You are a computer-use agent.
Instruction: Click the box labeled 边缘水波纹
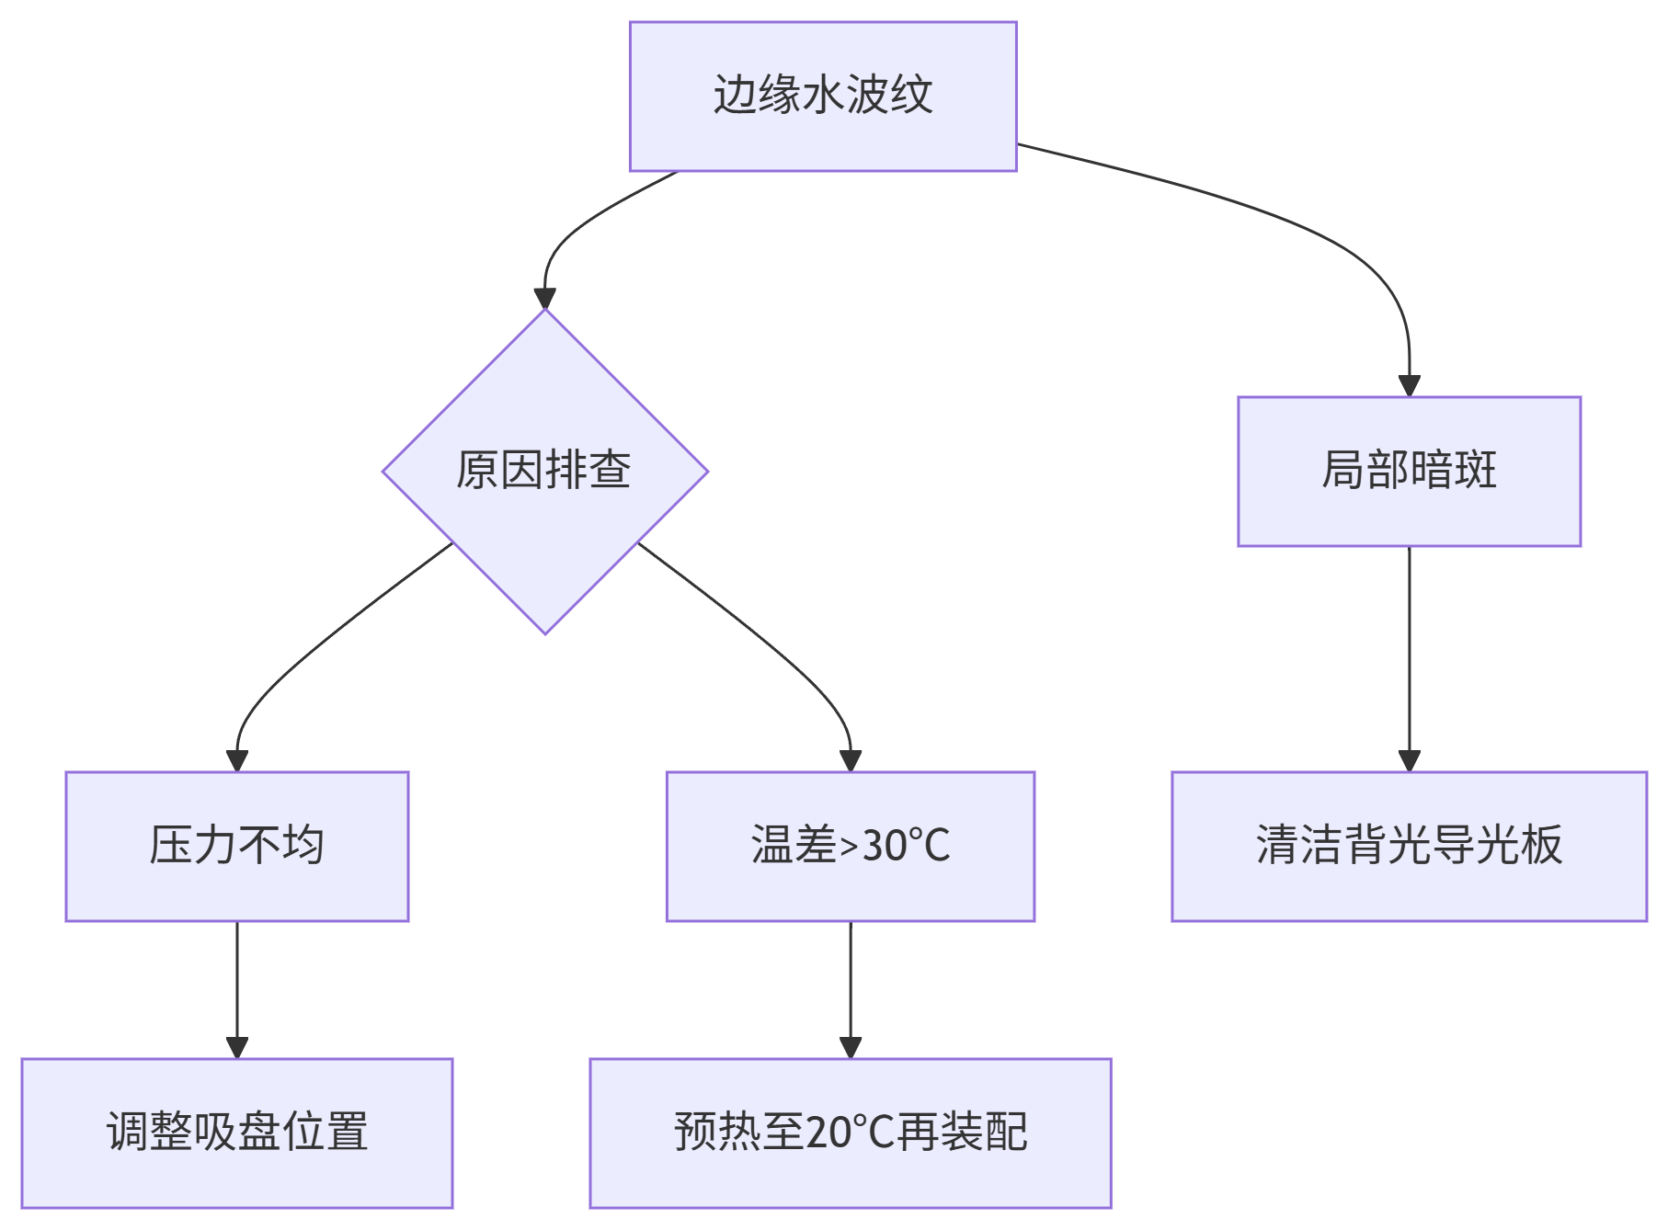pyautogui.click(x=822, y=97)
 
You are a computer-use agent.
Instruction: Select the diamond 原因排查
pyautogui.click(x=544, y=471)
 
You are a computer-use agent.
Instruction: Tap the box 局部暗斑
pyautogui.click(x=1409, y=471)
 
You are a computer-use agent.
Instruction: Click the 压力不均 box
pyautogui.click(x=236, y=846)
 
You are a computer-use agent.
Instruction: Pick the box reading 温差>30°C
pyautogui.click(x=850, y=846)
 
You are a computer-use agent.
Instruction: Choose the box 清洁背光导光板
pyautogui.click(x=1409, y=846)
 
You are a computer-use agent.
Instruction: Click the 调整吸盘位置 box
pyautogui.click(x=236, y=1133)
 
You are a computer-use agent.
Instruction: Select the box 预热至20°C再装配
pyautogui.click(x=850, y=1133)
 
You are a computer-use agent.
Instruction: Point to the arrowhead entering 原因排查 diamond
pyautogui.click(x=544, y=299)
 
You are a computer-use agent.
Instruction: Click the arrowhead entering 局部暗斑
pyautogui.click(x=1409, y=386)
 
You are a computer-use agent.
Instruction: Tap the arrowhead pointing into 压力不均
pyautogui.click(x=237, y=761)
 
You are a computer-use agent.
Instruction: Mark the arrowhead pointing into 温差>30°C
pyautogui.click(x=851, y=761)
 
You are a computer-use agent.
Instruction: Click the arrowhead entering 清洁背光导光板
pyautogui.click(x=1409, y=761)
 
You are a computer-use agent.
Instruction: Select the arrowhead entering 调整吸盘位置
pyautogui.click(x=237, y=1048)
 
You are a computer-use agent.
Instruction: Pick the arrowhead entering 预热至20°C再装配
pyautogui.click(x=851, y=1048)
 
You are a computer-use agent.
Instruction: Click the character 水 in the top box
pyautogui.click(x=823, y=96)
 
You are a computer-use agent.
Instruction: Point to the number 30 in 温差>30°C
pyautogui.click(x=883, y=846)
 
